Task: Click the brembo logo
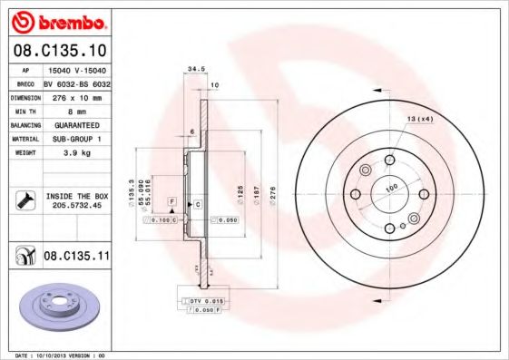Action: [x=57, y=21]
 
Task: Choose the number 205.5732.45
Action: [x=74, y=206]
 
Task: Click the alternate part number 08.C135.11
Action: [x=75, y=257]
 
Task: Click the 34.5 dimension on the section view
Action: [x=192, y=68]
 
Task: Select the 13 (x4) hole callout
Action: [x=418, y=118]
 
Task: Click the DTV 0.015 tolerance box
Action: [x=204, y=299]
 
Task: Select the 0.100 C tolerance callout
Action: [x=164, y=219]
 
